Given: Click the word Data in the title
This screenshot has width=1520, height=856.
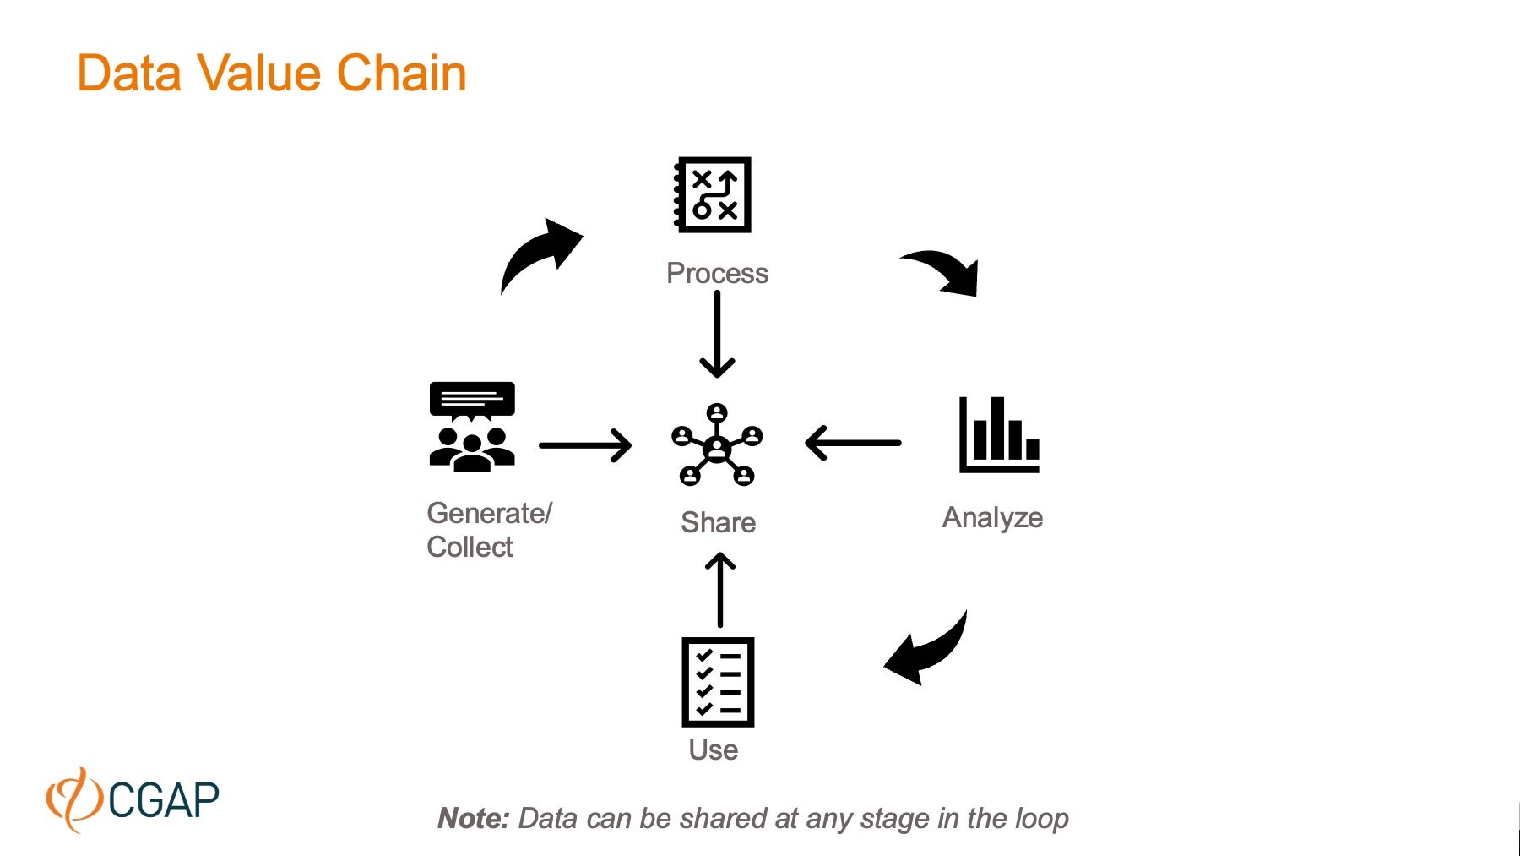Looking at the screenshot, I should [128, 74].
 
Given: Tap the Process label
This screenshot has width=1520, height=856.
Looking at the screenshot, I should [717, 273].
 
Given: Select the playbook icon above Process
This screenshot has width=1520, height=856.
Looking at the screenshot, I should [713, 194].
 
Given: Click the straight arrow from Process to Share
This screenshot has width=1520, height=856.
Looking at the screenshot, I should [717, 335].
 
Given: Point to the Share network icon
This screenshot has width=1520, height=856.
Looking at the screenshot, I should [717, 444].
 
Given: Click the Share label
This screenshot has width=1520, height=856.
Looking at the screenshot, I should [718, 522].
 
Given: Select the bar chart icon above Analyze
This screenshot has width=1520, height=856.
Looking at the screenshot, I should [998, 434].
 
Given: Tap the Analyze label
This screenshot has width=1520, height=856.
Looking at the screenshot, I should [992, 517].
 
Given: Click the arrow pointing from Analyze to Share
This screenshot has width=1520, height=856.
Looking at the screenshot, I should [853, 443].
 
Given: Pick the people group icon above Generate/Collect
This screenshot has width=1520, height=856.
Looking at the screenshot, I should [471, 426].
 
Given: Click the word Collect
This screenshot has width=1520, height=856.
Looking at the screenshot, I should [470, 547].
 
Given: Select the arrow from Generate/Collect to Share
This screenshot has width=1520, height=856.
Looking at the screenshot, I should [585, 445].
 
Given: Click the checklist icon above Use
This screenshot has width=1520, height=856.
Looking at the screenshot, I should [717, 682].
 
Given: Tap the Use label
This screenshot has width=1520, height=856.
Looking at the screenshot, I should [713, 750].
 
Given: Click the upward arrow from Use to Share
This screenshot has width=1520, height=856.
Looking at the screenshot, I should [719, 590].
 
